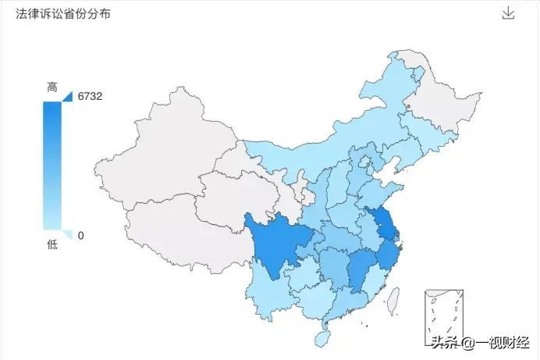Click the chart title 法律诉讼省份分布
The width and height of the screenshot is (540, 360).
pos(62,15)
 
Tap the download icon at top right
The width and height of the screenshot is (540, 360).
pos(508,13)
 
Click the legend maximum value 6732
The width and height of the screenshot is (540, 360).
pos(91,97)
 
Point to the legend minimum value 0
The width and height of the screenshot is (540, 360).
pos(80,235)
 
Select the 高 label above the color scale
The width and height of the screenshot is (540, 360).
pos(52,88)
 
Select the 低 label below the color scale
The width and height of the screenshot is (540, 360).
pos(52,245)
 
